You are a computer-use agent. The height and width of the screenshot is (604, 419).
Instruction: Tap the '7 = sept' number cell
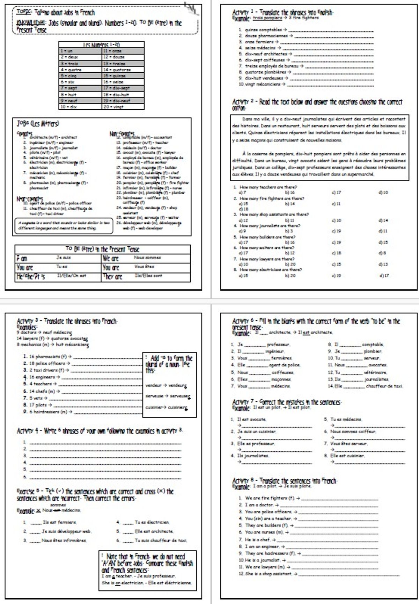80,88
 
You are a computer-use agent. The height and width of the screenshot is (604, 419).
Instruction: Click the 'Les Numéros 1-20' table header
101,45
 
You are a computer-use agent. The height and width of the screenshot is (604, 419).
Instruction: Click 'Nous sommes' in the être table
147,257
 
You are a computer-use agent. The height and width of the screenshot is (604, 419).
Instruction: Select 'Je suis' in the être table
64,257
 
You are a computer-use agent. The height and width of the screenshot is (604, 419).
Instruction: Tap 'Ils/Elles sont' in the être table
148,276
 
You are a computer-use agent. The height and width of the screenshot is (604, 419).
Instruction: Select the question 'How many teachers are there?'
268,187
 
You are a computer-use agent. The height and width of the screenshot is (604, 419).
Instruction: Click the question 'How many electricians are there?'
271,270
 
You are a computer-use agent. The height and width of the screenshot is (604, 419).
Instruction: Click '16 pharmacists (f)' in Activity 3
47,357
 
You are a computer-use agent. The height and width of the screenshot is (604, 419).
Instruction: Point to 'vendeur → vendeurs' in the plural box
166,386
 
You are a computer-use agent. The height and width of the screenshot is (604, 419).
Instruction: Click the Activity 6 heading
316,321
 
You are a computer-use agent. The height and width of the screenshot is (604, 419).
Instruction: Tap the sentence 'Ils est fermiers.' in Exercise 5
59,522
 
